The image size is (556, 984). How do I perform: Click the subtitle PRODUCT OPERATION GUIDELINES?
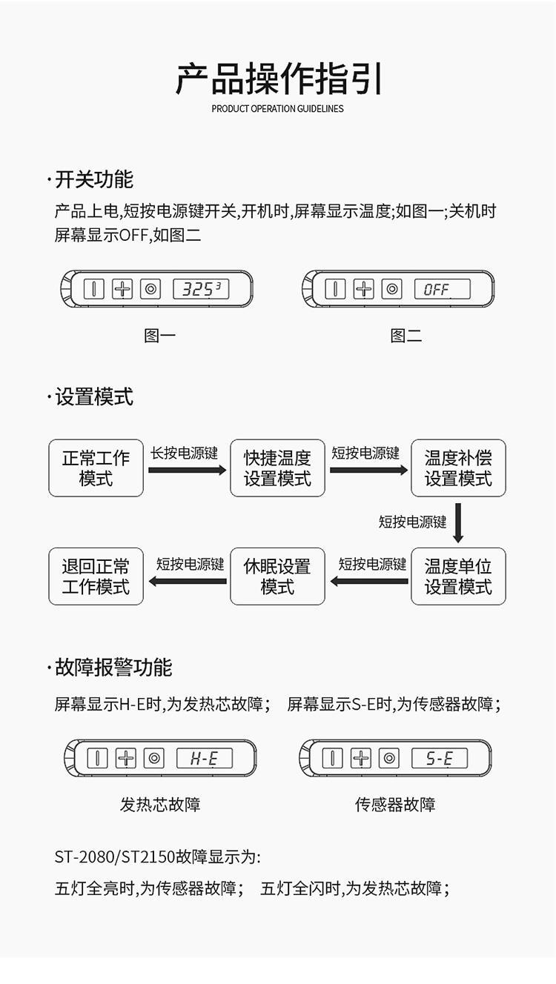click(277, 109)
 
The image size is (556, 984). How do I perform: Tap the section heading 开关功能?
click(94, 179)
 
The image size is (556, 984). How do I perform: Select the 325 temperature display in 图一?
click(201, 289)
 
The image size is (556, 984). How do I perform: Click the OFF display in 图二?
click(442, 289)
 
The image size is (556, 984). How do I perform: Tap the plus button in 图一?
click(122, 289)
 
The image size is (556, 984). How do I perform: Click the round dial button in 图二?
click(391, 289)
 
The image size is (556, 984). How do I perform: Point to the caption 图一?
click(159, 336)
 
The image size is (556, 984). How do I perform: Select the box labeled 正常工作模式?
click(96, 468)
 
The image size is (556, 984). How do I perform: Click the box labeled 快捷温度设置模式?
click(277, 468)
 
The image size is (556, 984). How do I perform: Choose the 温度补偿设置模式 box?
click(458, 468)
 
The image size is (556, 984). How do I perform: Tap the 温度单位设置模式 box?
click(458, 576)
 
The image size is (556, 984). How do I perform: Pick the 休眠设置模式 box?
click(277, 576)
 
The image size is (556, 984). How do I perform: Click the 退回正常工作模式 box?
click(96, 576)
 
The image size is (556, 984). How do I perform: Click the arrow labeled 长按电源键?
click(188, 470)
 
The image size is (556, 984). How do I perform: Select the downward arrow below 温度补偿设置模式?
click(458, 522)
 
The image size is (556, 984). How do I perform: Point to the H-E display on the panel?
click(204, 758)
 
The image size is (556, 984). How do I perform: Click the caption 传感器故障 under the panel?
click(395, 804)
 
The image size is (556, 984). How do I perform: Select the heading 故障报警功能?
click(113, 668)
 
